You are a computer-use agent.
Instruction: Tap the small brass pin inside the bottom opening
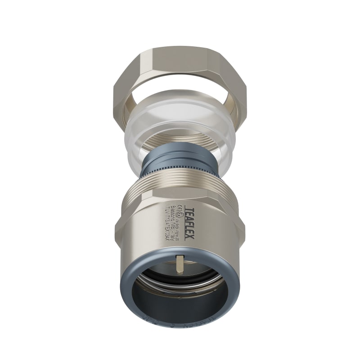[x=180, y=264]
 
